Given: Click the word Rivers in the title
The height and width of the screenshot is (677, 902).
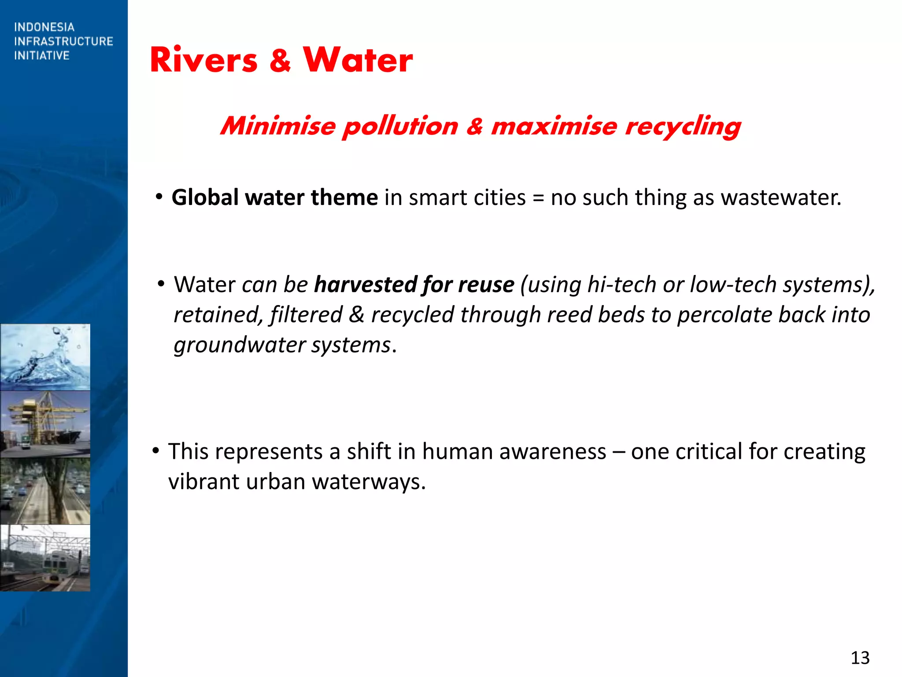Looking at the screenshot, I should pyautogui.click(x=203, y=60).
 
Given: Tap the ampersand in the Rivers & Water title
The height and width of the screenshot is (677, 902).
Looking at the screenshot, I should pyautogui.click(x=280, y=61).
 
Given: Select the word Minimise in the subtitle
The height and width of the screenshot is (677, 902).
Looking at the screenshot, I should pyautogui.click(x=278, y=126).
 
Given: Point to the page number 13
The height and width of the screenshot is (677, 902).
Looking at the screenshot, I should pyautogui.click(x=860, y=658).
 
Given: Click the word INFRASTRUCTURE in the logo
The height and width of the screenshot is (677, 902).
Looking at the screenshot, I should pyautogui.click(x=63, y=41).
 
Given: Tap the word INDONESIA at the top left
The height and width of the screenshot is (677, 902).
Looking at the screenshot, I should pyautogui.click(x=44, y=27).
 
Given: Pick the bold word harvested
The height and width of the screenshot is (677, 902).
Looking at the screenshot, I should pyautogui.click(x=365, y=285).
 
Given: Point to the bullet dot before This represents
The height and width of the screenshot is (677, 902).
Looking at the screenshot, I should pyautogui.click(x=155, y=451).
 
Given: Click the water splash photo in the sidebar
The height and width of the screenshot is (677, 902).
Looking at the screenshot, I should pyautogui.click(x=45, y=357).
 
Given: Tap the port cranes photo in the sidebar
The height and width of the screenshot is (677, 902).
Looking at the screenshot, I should pyautogui.click(x=45, y=424).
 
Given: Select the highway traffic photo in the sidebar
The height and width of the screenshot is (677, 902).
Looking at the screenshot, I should pyautogui.click(x=45, y=491).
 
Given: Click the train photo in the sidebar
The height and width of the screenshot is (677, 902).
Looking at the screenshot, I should pyautogui.click(x=45, y=558).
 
